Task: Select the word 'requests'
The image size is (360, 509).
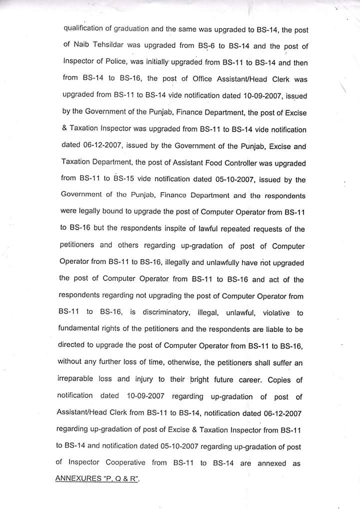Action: (x=259, y=229)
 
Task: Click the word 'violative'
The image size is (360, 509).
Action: (x=271, y=313)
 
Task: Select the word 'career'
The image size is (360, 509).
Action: (x=249, y=379)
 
